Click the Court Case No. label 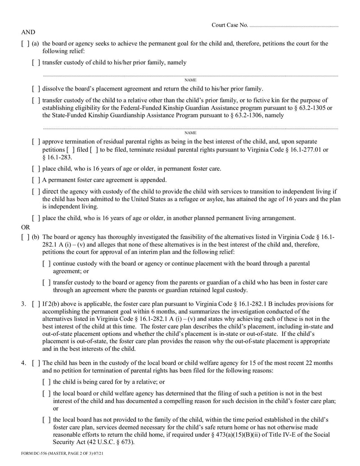[x=229, y=25]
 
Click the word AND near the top [x=28, y=32]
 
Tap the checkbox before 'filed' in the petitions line [x=71, y=149]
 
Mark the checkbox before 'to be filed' [x=94, y=149]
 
